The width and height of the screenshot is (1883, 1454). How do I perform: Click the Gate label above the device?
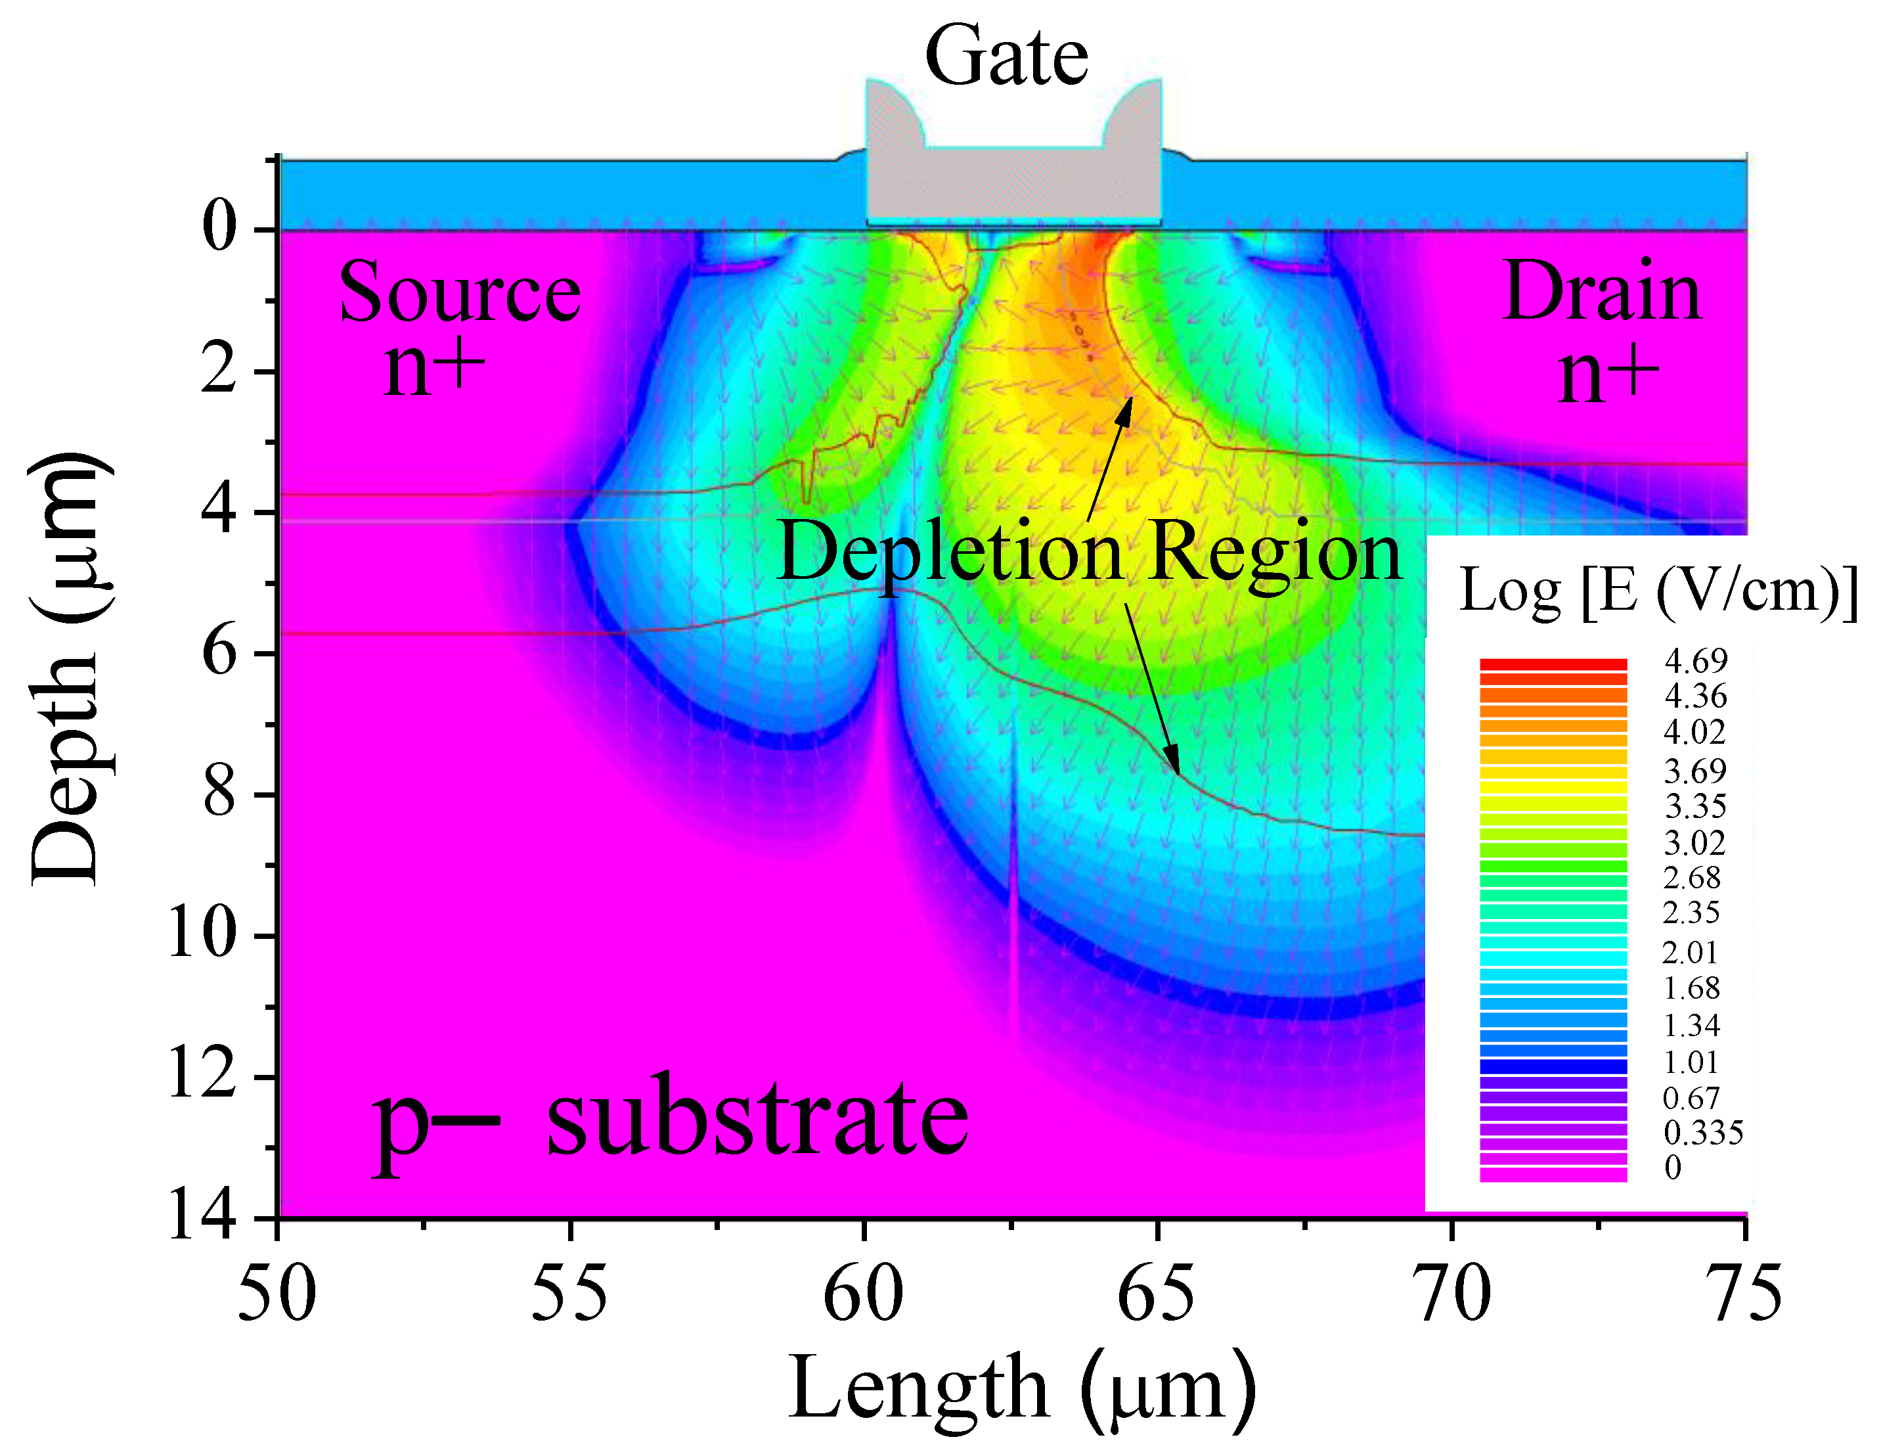[x=1006, y=57]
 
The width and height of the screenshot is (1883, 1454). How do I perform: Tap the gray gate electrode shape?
[x=1013, y=185]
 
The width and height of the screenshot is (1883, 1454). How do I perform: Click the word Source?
[x=460, y=292]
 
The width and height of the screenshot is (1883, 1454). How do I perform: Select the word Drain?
[x=1602, y=292]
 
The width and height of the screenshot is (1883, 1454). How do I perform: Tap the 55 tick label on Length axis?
[x=569, y=1293]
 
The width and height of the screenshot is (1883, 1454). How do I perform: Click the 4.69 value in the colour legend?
[x=1696, y=660]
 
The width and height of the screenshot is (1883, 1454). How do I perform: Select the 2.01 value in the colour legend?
[x=1690, y=952]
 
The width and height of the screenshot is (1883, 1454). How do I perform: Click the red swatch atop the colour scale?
[x=1553, y=665]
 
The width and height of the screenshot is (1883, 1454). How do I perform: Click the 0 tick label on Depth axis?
[x=218, y=228]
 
